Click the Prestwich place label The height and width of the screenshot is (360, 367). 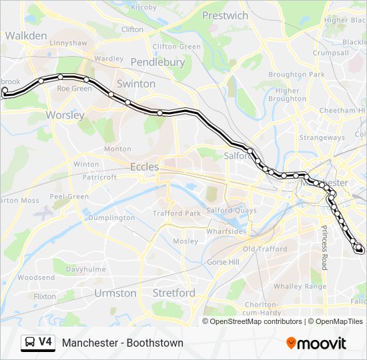tap(225, 15)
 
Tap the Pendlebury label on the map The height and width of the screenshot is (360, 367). tap(157, 62)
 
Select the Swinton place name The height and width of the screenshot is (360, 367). tap(136, 84)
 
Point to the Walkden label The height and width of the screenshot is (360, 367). tap(26, 35)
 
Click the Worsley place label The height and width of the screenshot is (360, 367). tap(65, 115)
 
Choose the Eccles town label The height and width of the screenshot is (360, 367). tap(144, 167)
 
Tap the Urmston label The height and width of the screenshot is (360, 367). tap(115, 293)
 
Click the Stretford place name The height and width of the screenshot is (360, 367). tap(173, 293)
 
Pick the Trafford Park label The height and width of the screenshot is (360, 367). tap(176, 213)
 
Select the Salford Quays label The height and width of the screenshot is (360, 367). tap(232, 210)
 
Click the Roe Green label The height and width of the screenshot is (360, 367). tap(75, 88)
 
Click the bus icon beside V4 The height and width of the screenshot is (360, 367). tap(30, 343)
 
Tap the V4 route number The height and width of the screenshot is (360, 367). tap(45, 342)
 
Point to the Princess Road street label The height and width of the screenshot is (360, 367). tap(325, 247)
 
